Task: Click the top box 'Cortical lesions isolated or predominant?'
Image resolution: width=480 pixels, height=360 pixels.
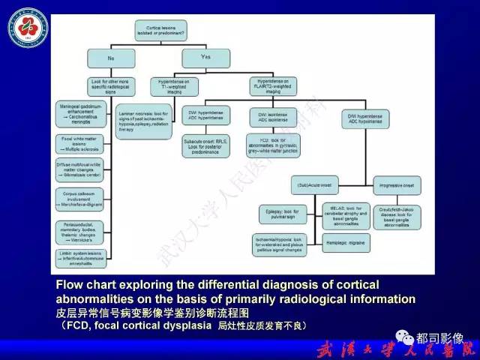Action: tap(160, 29)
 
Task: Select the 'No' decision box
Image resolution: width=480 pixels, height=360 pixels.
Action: tap(110, 57)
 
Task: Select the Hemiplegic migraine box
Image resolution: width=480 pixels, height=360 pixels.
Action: tap(347, 241)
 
